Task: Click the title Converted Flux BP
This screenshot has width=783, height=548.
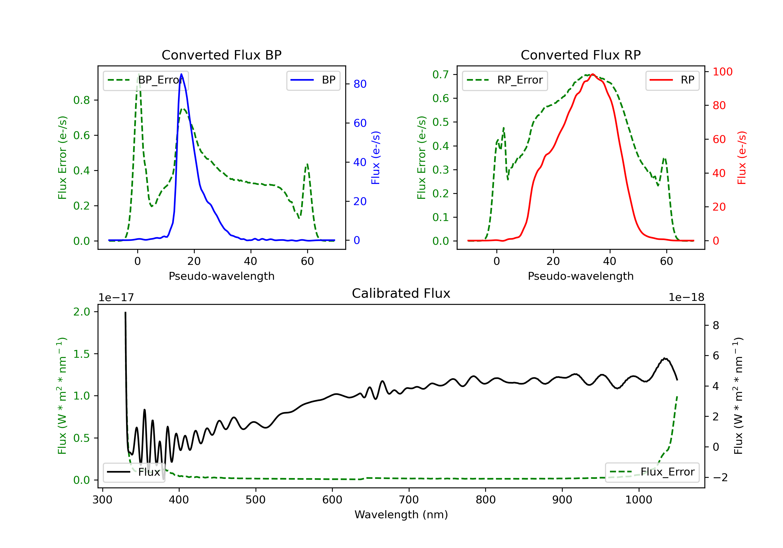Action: tap(221, 55)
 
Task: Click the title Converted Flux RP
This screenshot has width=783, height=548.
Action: tap(580, 55)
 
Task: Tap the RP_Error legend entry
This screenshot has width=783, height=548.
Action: tap(505, 80)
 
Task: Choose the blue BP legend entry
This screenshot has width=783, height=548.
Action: tap(313, 80)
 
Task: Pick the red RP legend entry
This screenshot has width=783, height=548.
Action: tap(672, 80)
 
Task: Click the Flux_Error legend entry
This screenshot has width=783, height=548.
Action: tap(652, 472)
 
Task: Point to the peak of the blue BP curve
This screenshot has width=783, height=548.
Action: tap(181, 74)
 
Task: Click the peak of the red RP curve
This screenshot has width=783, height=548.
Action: tap(593, 74)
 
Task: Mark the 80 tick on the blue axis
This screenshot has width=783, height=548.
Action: tap(360, 84)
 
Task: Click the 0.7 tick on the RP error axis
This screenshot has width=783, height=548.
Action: tap(440, 74)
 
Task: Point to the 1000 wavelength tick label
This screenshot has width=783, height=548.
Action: tap(638, 500)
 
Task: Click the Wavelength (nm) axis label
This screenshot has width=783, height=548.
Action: tap(401, 515)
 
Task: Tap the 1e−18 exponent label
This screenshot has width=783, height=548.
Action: tap(686, 297)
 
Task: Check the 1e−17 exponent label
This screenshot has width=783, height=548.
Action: tap(116, 297)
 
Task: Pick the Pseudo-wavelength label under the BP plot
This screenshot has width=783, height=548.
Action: tap(221, 276)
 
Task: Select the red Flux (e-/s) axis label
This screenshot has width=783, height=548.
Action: tap(742, 158)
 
